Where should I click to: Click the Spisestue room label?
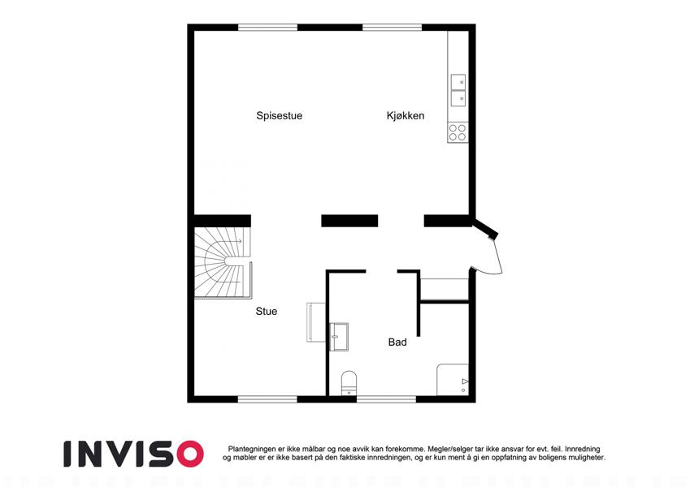pyautogui.click(x=279, y=116)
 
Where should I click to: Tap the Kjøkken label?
pyautogui.click(x=406, y=115)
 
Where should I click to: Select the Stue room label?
pyautogui.click(x=267, y=311)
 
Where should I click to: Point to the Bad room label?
pyautogui.click(x=397, y=342)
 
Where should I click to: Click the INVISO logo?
pyautogui.click(x=133, y=454)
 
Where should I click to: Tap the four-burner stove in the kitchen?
pyautogui.click(x=458, y=132)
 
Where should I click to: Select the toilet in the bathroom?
pyautogui.click(x=349, y=383)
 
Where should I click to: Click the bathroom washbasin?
pyautogui.click(x=339, y=337)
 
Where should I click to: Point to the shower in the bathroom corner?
pyautogui.click(x=453, y=379)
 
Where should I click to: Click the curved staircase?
pyautogui.click(x=222, y=262)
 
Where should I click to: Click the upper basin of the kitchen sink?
pyautogui.click(x=458, y=82)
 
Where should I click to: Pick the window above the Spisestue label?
pyautogui.click(x=267, y=28)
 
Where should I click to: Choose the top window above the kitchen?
pyautogui.click(x=392, y=28)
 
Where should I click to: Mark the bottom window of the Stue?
pyautogui.click(x=267, y=399)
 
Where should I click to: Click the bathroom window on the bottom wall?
pyautogui.click(x=386, y=399)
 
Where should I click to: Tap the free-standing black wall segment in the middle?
pyautogui.click(x=349, y=221)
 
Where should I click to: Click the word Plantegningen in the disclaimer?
pyautogui.click(x=252, y=449)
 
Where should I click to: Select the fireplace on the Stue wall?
pyautogui.click(x=315, y=322)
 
